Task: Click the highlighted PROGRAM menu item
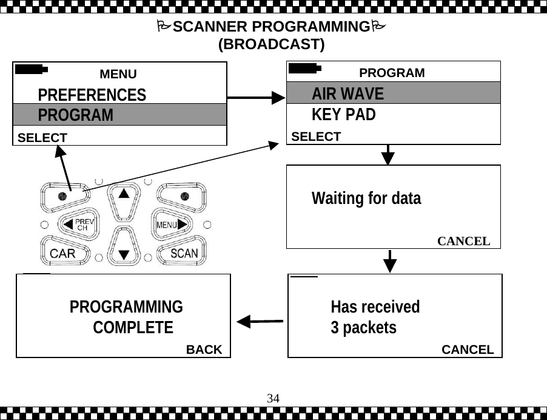coord(76,115)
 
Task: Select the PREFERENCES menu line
coord(92,95)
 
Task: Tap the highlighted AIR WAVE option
coord(347,94)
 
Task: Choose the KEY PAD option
coord(343,115)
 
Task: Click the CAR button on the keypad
coord(62,253)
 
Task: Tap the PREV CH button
coord(79,225)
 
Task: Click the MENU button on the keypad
coord(170,225)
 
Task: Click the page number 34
coord(273,399)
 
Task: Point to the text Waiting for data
coord(366,198)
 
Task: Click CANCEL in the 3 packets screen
coord(468,350)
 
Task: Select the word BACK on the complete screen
coord(204,350)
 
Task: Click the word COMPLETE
coord(133,328)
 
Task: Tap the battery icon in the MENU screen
coord(31,69)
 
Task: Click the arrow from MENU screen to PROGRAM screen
coord(255,97)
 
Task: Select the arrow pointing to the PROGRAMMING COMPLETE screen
coord(260,320)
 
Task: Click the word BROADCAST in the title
coord(271,45)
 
